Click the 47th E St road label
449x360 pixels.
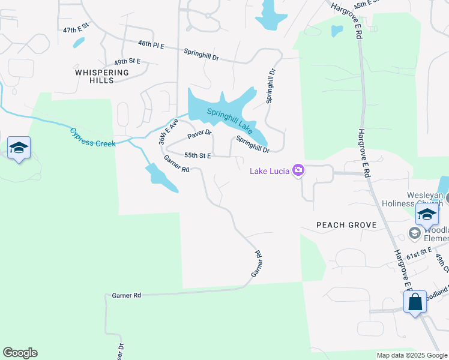(x=76, y=28)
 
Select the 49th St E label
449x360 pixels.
(x=127, y=61)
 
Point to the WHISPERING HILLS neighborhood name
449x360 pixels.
(x=102, y=76)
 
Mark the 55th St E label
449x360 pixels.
(x=197, y=155)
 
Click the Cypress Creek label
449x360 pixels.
(x=92, y=137)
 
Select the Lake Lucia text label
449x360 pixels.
(x=270, y=172)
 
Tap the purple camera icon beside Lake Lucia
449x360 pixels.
(x=298, y=171)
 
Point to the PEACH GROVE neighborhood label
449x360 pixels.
(x=346, y=225)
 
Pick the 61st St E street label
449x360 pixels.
(x=418, y=254)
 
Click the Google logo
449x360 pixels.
(x=20, y=353)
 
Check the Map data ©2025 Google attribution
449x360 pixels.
(x=411, y=355)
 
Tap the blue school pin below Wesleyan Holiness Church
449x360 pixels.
(x=427, y=214)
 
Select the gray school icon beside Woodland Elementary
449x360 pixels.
(x=414, y=233)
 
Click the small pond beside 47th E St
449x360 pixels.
(x=79, y=43)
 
